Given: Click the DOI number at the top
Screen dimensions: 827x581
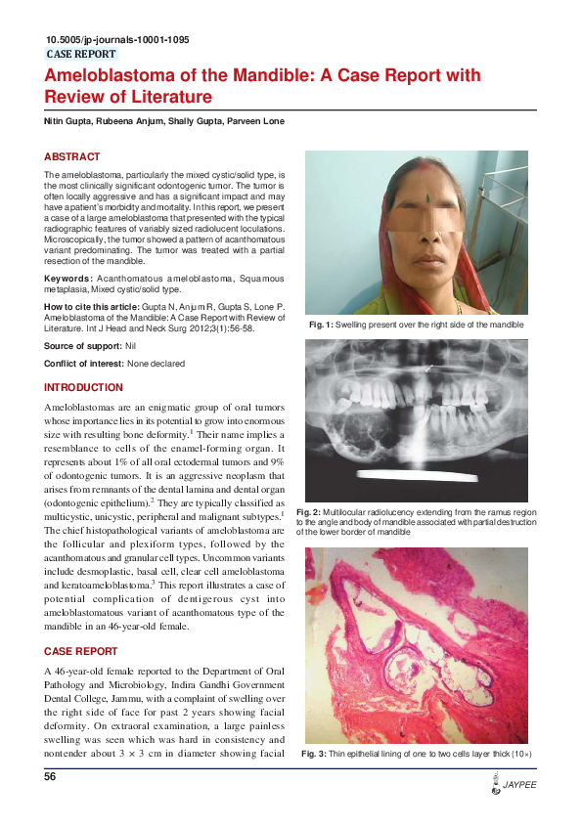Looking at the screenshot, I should pyautogui.click(x=117, y=40).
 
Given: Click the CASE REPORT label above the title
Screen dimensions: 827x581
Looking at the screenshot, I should pyautogui.click(x=81, y=55).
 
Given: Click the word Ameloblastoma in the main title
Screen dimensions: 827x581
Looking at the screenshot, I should pyautogui.click(x=106, y=75).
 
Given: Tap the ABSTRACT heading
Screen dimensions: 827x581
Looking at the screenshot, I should pyautogui.click(x=71, y=156).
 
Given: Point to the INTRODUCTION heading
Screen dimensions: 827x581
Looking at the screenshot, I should pyautogui.click(x=83, y=388).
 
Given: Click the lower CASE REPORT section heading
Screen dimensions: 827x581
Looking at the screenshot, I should pyautogui.click(x=82, y=651).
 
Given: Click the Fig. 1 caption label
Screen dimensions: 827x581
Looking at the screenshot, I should pyautogui.click(x=321, y=324).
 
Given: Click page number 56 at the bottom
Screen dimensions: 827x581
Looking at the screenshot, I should pyautogui.click(x=51, y=777).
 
